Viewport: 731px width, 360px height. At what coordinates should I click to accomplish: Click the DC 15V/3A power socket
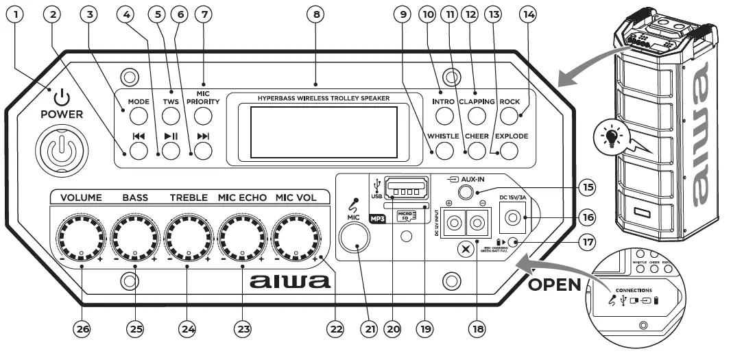pos(512,218)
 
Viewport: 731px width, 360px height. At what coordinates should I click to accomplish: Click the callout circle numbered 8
pos(314,16)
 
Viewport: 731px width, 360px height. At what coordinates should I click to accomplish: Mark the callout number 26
pos(82,329)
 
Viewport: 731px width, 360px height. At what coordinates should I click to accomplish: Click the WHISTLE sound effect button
pos(446,150)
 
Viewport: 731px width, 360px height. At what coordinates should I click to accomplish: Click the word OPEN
pos(553,285)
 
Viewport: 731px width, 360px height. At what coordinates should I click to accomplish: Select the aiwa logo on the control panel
pos(291,281)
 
